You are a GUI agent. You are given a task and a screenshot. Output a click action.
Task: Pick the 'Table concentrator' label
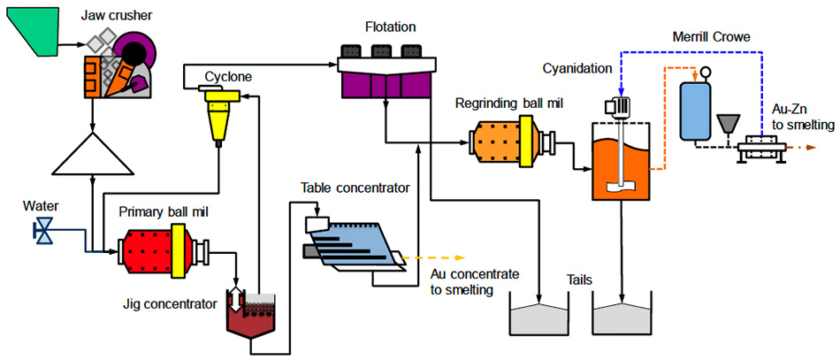[x=355, y=188]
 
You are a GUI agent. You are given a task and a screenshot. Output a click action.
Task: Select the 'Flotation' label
[x=390, y=28]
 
